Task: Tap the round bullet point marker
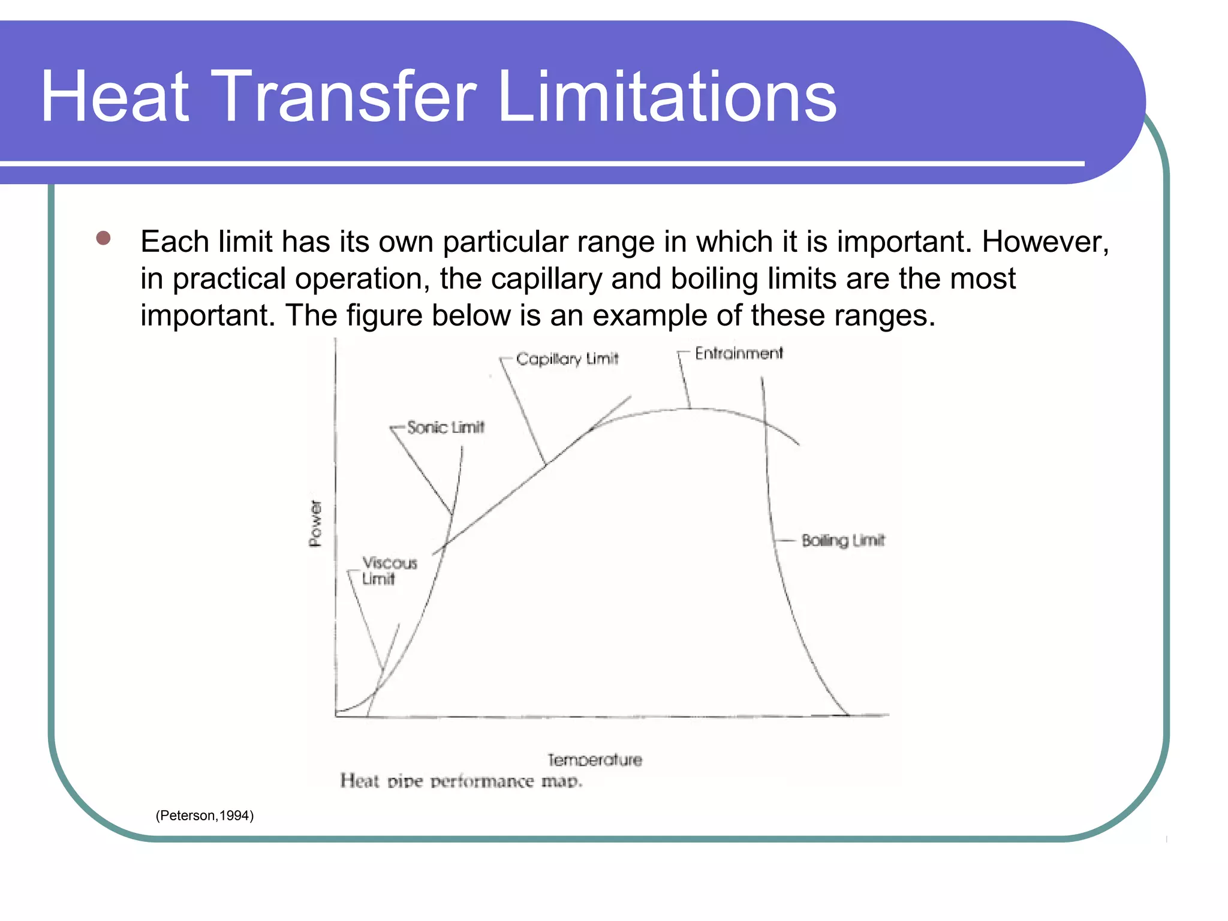pyautogui.click(x=103, y=238)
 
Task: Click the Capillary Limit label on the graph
pyautogui.click(x=567, y=359)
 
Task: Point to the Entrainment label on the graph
pyautogui.click(x=739, y=353)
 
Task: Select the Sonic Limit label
pyautogui.click(x=446, y=427)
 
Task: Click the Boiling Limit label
pyautogui.click(x=843, y=540)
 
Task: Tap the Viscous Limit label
pyautogui.click(x=389, y=571)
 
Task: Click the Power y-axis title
pyautogui.click(x=315, y=523)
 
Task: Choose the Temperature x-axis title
pyautogui.click(x=594, y=760)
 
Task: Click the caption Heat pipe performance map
pyautogui.click(x=461, y=781)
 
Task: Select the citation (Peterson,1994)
pyautogui.click(x=204, y=815)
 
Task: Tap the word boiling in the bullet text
pyautogui.click(x=714, y=279)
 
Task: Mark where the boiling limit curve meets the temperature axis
pyautogui.click(x=848, y=715)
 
